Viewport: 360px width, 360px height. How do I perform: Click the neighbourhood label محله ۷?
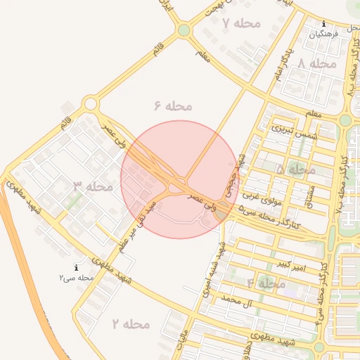241,23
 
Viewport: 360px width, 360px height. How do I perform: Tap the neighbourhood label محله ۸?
318,63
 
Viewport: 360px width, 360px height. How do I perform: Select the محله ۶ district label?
172,105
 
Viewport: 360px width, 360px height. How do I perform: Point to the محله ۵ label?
296,169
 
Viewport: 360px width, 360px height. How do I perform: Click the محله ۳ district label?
93,186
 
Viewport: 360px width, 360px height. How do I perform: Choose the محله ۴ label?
266,283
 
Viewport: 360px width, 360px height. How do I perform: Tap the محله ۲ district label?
131,323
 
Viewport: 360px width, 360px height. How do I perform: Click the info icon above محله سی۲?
76,267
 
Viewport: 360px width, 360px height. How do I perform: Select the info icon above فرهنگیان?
323,23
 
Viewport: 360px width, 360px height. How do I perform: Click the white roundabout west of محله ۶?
90,105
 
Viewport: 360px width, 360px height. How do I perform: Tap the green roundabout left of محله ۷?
184,30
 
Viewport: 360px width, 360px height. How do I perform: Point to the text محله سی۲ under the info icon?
76,278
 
